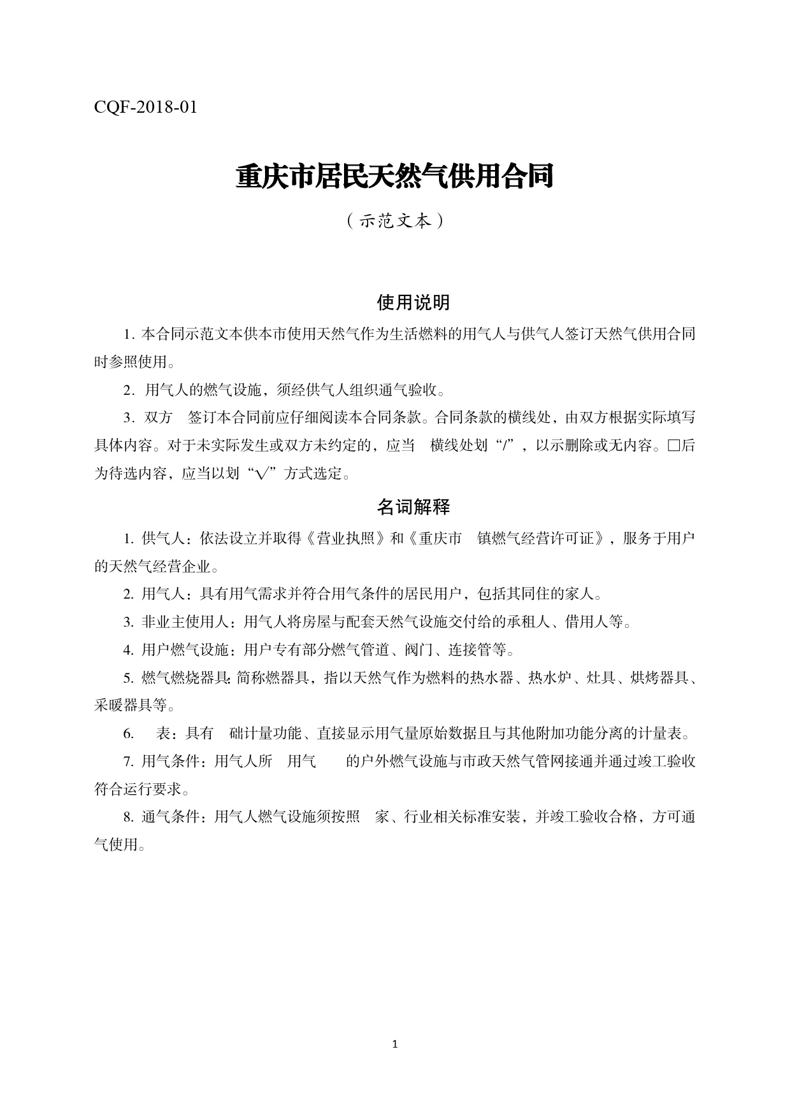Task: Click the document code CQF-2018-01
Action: pos(145,107)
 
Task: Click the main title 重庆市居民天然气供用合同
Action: pos(394,177)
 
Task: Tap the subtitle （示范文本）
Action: pos(394,221)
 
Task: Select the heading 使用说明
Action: pos(413,302)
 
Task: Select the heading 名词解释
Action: pos(413,507)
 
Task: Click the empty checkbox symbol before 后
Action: pos(673,446)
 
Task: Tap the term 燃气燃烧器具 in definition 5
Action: pos(185,678)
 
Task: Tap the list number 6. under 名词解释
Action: pos(129,734)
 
